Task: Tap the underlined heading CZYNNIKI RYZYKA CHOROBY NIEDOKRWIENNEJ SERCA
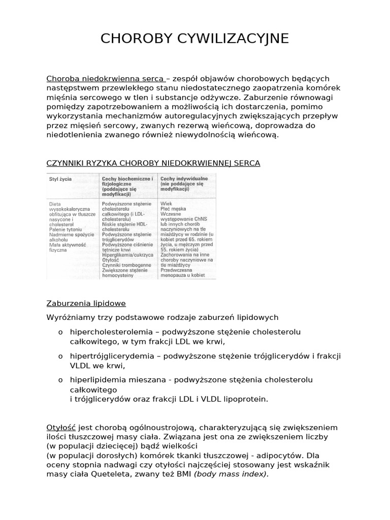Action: click(x=153, y=163)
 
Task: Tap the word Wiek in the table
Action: click(x=166, y=204)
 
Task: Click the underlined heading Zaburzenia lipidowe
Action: click(x=86, y=303)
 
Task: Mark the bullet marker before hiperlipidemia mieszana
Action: click(x=60, y=380)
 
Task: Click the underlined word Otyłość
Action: click(x=61, y=428)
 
